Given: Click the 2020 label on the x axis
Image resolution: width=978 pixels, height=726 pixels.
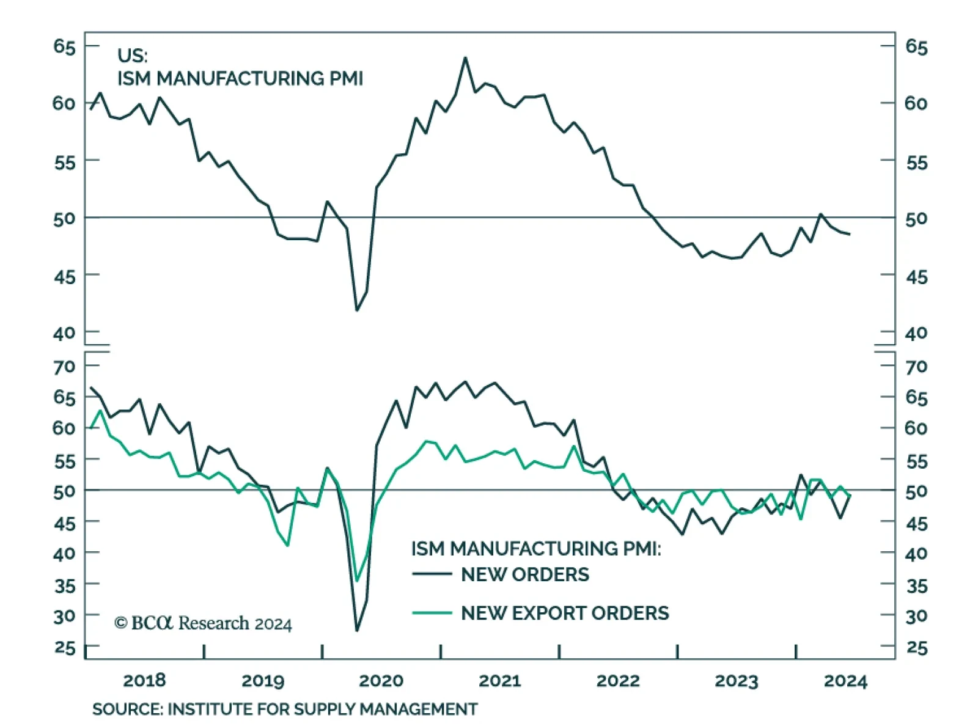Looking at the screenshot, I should [381, 681].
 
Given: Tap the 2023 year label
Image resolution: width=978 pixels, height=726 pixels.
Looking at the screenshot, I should [736, 681].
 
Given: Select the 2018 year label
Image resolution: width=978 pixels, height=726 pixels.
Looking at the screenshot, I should [144, 681].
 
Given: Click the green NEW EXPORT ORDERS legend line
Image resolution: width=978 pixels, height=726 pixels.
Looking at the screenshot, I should [432, 612].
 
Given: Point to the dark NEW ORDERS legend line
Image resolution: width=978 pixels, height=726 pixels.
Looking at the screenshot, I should [432, 574].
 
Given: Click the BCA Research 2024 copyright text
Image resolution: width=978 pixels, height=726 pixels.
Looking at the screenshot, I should [203, 623].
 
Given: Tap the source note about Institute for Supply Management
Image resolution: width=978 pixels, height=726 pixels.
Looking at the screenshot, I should [285, 709].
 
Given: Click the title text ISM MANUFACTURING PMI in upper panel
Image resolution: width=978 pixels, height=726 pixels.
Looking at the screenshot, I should [240, 79].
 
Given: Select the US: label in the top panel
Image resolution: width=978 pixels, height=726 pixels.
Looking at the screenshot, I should [132, 56].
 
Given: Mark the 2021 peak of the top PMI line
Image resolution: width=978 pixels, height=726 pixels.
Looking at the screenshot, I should [465, 58].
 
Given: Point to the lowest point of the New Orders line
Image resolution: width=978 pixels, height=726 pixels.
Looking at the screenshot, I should [357, 630].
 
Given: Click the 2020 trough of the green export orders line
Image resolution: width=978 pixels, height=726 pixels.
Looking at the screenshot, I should [358, 581].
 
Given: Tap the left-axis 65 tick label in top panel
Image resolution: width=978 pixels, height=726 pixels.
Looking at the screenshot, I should [64, 46].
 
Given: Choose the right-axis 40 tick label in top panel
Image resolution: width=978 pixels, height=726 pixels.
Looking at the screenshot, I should [916, 334].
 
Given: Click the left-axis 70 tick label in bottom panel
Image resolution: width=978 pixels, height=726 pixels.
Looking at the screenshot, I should [64, 367].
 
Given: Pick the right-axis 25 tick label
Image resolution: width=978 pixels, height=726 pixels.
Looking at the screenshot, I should [916, 648].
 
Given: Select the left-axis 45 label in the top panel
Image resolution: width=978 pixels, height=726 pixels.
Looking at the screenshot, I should [64, 277].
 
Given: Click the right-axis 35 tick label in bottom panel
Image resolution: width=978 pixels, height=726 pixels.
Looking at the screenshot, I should [916, 586].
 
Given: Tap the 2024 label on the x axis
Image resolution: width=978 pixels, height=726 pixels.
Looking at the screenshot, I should [845, 681].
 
